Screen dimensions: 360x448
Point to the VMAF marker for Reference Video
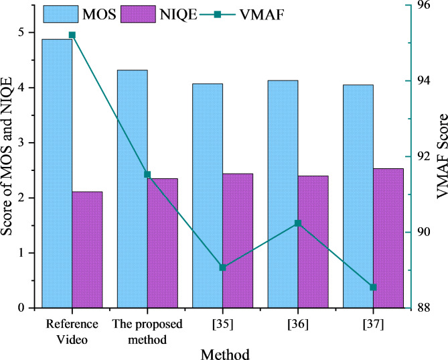coord(72,35)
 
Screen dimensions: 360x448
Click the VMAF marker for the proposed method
coord(147,174)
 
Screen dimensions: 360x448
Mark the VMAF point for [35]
coord(223,267)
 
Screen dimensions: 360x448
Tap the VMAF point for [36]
coord(298,223)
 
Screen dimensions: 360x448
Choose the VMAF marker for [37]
coord(374,287)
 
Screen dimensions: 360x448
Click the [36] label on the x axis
coord(298,324)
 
